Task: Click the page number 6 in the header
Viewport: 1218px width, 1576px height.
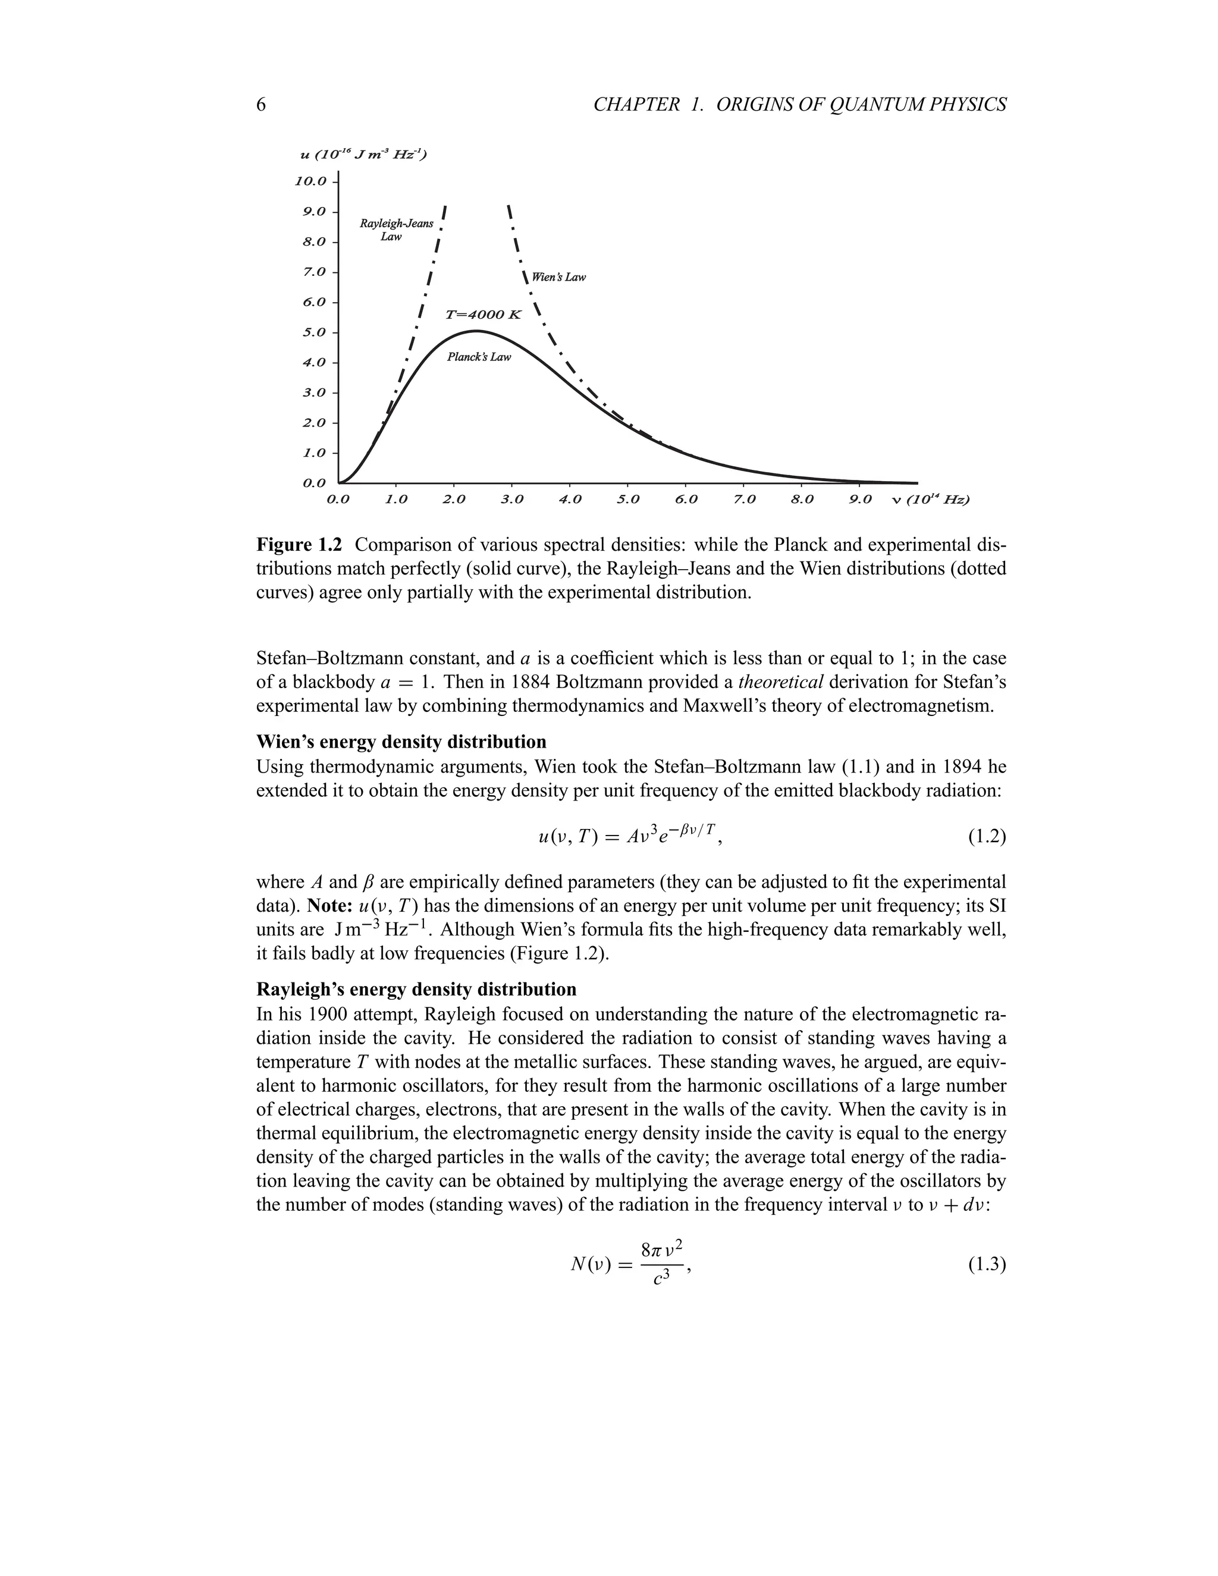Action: pos(261,105)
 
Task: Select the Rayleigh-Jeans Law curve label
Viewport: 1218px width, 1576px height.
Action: pos(396,230)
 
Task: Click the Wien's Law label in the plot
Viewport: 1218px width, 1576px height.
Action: pos(558,277)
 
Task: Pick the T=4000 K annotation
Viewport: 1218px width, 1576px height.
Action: pos(483,315)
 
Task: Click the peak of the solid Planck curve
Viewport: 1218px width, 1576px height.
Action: pos(476,331)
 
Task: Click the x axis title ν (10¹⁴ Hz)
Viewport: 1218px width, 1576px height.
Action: pos(931,500)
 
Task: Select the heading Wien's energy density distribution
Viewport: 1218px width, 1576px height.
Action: pos(401,742)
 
